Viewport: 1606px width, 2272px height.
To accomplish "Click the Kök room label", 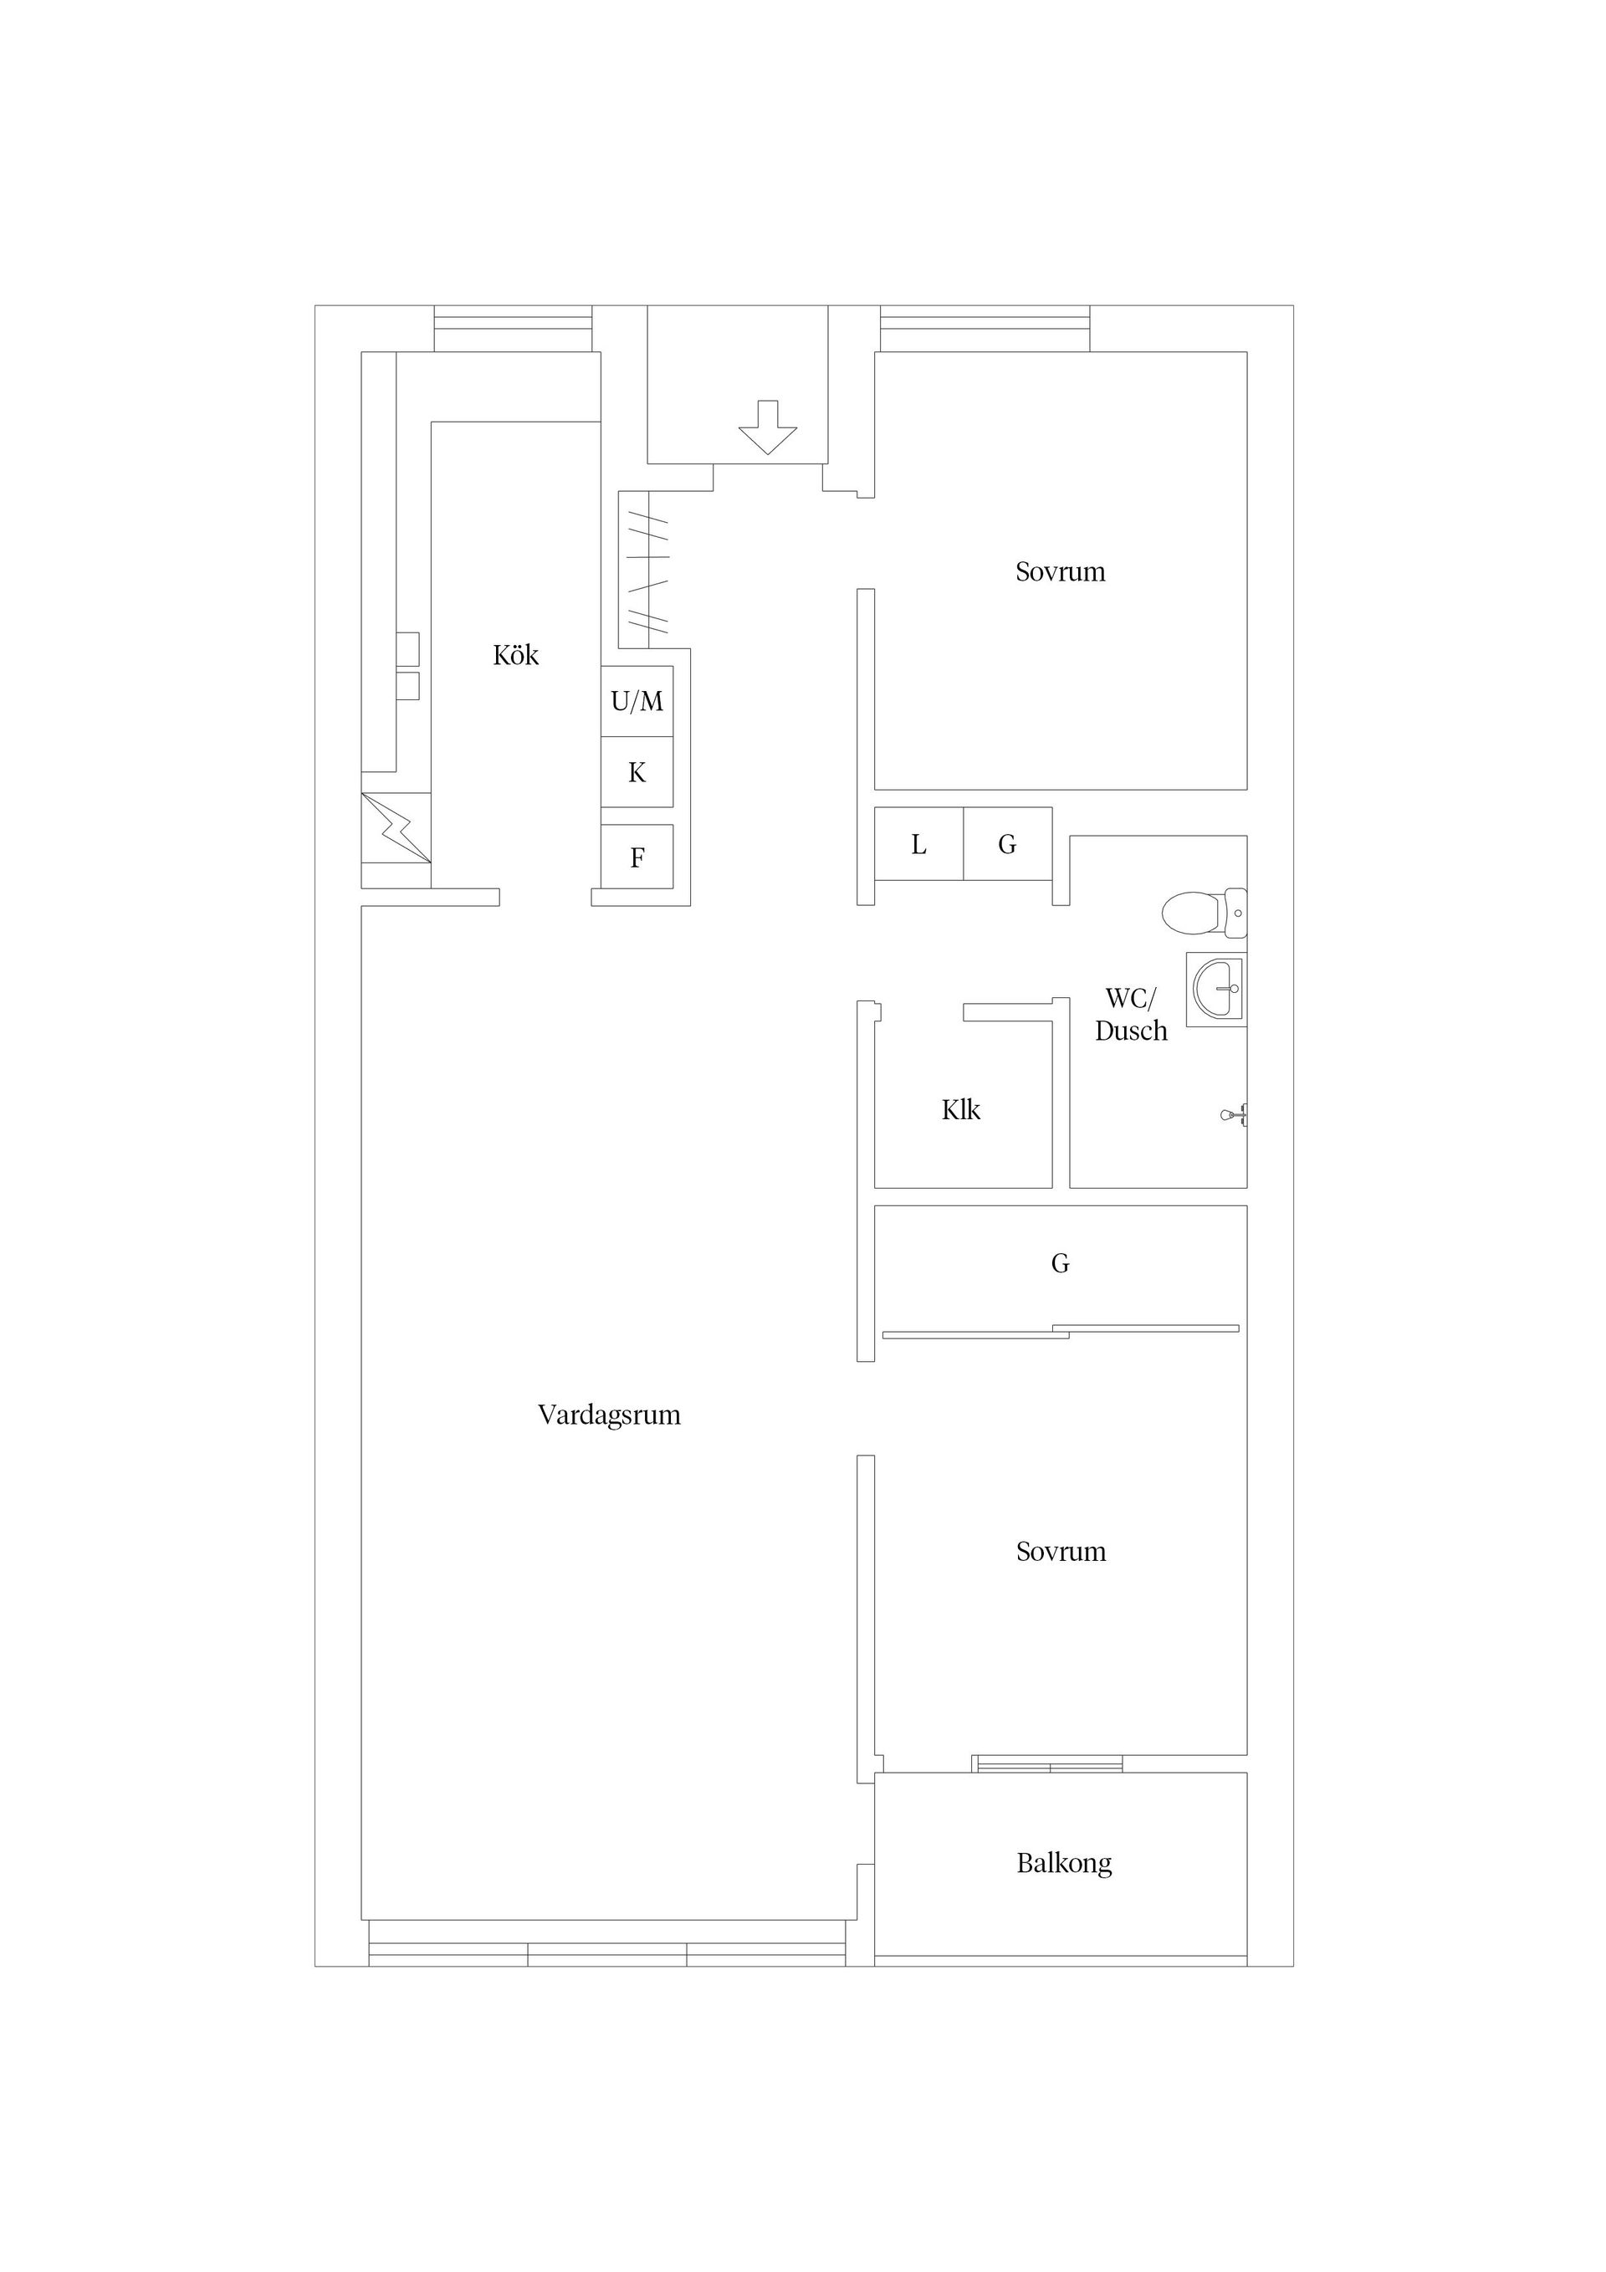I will (515, 655).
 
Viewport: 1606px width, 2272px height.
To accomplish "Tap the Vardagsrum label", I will (609, 1415).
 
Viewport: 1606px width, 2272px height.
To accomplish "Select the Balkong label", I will (1064, 1863).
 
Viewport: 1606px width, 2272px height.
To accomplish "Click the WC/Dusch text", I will (1130, 1014).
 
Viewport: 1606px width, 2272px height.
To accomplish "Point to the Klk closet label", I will (961, 1110).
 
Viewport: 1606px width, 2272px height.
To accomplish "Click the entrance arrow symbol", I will (768, 427).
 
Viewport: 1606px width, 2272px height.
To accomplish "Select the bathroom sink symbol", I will (1217, 989).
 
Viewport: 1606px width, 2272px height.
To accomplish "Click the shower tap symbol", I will (1234, 1114).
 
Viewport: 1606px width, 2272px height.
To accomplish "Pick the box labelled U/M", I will (637, 702).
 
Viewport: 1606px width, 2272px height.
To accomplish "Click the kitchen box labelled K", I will (637, 773).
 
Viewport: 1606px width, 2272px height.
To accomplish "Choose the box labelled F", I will (637, 857).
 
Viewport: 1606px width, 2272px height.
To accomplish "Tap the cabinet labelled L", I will (918, 844).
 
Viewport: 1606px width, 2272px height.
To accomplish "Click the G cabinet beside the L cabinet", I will (1007, 844).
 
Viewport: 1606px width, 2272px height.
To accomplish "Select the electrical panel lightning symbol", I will (396, 827).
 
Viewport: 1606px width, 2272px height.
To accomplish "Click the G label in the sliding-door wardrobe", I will (1060, 1264).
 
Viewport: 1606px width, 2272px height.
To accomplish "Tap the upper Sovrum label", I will (1060, 572).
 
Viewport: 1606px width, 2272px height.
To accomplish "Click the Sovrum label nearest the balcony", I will (1061, 1552).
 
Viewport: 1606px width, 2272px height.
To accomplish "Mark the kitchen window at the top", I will (513, 329).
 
